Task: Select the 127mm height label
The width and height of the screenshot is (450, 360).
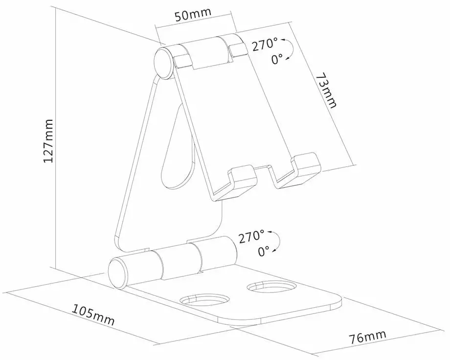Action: pos(48,141)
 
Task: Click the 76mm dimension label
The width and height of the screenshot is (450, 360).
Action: pos(367,337)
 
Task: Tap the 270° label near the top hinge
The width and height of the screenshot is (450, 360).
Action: pos(265,45)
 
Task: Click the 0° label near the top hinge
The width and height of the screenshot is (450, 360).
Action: pos(277,59)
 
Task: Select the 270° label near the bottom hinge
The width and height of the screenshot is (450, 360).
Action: pos(251,237)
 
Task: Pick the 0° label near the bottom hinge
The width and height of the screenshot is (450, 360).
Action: pos(264,251)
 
